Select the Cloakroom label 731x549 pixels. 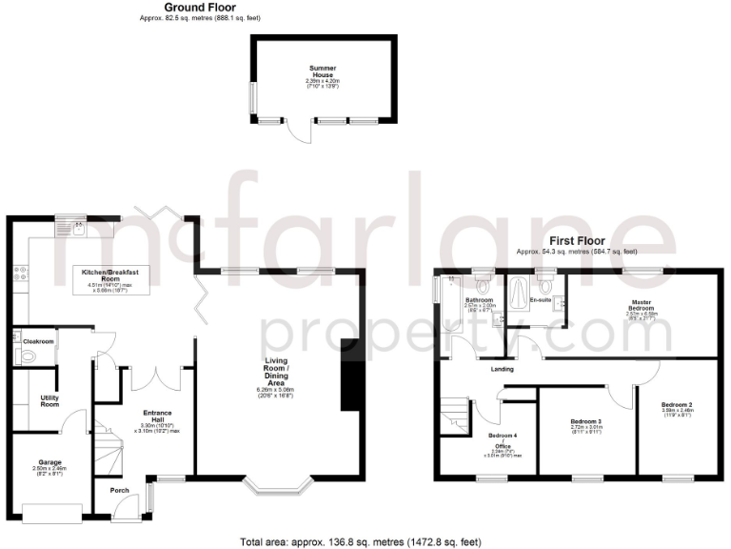click(39, 340)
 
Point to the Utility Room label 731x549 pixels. click(50, 400)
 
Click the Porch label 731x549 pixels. click(120, 490)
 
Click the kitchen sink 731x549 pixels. click(69, 227)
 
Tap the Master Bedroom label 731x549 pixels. click(641, 306)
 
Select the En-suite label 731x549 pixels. click(541, 300)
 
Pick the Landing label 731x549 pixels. click(502, 369)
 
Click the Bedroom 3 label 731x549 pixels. click(586, 420)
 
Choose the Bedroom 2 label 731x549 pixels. click(677, 405)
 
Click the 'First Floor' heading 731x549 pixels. click(576, 241)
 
